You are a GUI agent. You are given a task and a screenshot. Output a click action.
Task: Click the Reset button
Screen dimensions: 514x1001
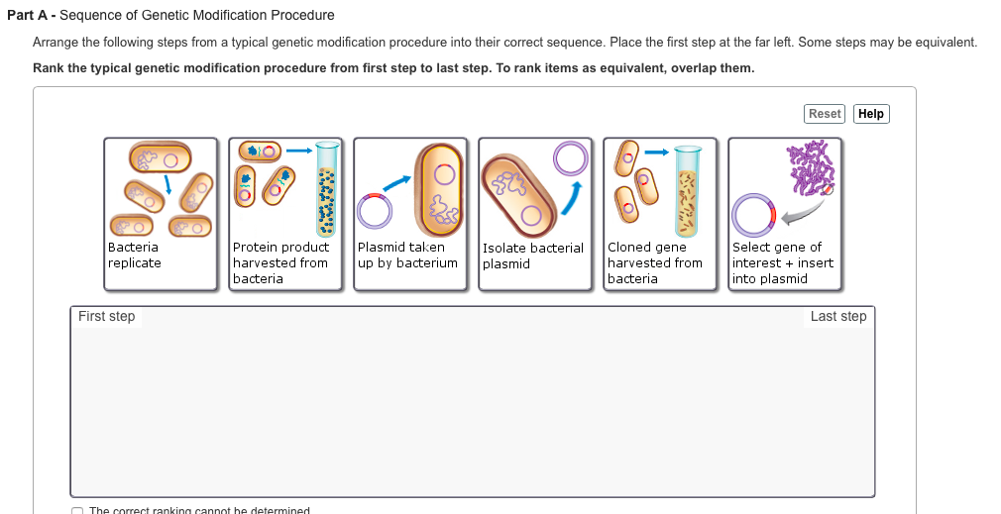click(825, 114)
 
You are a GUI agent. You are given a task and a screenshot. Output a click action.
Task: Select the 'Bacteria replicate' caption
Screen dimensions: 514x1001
click(134, 256)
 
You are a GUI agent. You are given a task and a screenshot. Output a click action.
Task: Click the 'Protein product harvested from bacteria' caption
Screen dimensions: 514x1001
click(280, 262)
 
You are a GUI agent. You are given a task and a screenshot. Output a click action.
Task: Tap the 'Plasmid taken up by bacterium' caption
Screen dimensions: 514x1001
click(407, 256)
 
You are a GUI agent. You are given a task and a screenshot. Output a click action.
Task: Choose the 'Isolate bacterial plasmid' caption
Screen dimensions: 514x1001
click(532, 256)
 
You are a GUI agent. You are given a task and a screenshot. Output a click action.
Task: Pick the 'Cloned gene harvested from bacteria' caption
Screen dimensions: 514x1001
click(654, 262)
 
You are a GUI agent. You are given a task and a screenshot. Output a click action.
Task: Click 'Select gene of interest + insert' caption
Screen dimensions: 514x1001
click(782, 262)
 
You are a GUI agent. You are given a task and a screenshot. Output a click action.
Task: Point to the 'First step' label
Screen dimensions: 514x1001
click(106, 317)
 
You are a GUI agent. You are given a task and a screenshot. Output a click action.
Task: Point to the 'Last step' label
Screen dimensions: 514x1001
click(837, 317)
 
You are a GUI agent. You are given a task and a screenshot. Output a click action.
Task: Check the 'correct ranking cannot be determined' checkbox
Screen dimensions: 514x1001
click(77, 511)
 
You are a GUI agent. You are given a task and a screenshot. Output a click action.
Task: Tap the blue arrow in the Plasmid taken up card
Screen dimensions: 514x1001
click(395, 185)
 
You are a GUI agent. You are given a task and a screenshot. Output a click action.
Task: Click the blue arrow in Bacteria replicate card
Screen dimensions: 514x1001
click(168, 185)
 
